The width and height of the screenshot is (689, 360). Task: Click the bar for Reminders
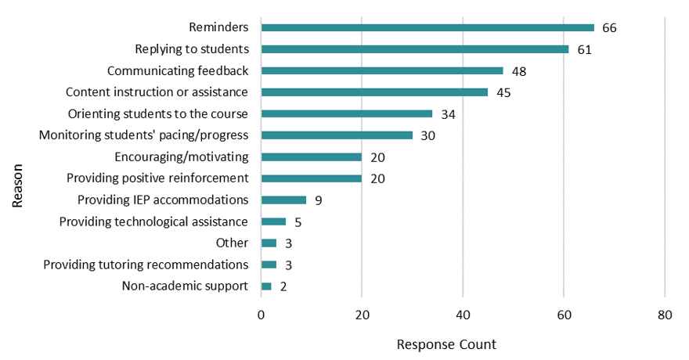point(427,27)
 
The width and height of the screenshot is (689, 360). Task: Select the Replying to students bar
point(415,49)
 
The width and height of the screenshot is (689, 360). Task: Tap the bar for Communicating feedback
point(382,70)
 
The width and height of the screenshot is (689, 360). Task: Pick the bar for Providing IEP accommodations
point(283,200)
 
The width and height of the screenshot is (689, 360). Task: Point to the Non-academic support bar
point(266,286)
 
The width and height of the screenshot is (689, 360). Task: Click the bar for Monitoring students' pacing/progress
point(337,135)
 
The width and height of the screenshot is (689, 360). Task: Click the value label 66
point(610,28)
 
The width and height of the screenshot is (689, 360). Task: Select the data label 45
point(503,93)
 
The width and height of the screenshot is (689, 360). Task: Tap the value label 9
point(319,200)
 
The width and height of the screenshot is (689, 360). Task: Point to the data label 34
point(448,114)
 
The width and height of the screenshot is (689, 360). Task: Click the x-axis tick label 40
point(463,315)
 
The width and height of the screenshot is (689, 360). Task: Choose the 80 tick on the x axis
point(665,315)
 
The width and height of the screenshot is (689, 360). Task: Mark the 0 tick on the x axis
point(262,315)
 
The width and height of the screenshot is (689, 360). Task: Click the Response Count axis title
point(446,344)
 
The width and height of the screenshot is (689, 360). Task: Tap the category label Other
point(232,243)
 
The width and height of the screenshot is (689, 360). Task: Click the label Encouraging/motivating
point(182,157)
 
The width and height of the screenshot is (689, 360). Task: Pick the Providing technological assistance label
point(154,221)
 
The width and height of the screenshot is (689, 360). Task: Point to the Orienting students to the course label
point(158,113)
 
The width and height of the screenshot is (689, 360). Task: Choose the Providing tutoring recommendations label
point(146,265)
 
